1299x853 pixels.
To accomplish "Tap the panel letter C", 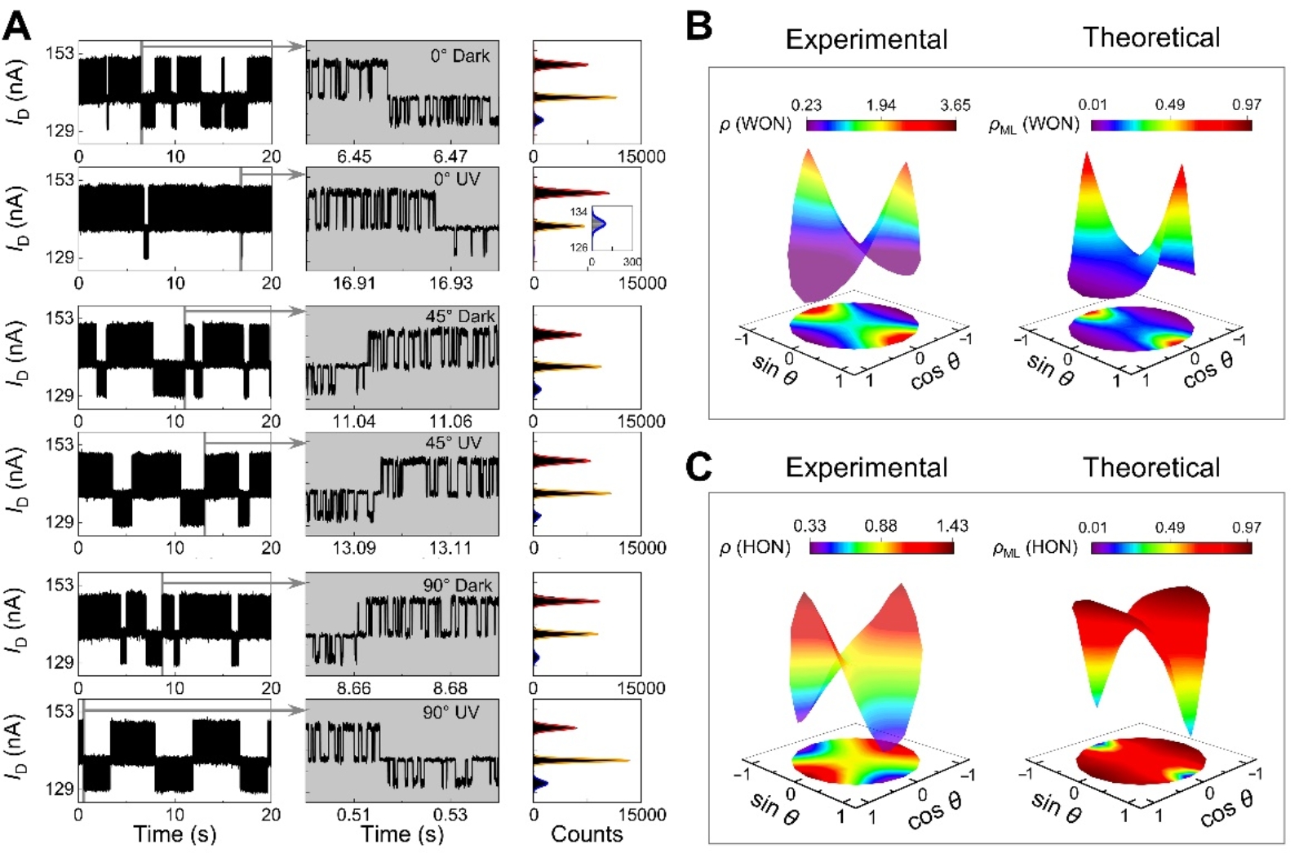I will pos(699,467).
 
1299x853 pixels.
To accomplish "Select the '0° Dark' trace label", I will pos(460,56).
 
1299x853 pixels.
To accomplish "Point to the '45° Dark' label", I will pos(460,316).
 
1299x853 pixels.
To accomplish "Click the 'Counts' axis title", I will pos(587,834).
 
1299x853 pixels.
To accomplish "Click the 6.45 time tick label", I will pos(354,156).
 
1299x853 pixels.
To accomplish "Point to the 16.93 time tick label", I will pos(450,283).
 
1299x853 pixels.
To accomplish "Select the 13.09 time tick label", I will pos(354,547).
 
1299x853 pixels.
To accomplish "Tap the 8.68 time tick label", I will pos(450,688).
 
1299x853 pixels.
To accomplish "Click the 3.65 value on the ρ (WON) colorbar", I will pos(955,105).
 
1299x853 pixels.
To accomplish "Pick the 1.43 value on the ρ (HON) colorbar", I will pos(952,526).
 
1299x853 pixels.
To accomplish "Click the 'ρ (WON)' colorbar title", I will pos(756,125).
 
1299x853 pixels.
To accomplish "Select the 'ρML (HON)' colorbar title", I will pos(1035,548).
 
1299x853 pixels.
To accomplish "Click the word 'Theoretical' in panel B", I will pos(1151,38).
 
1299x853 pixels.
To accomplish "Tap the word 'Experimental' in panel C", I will pos(867,467).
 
